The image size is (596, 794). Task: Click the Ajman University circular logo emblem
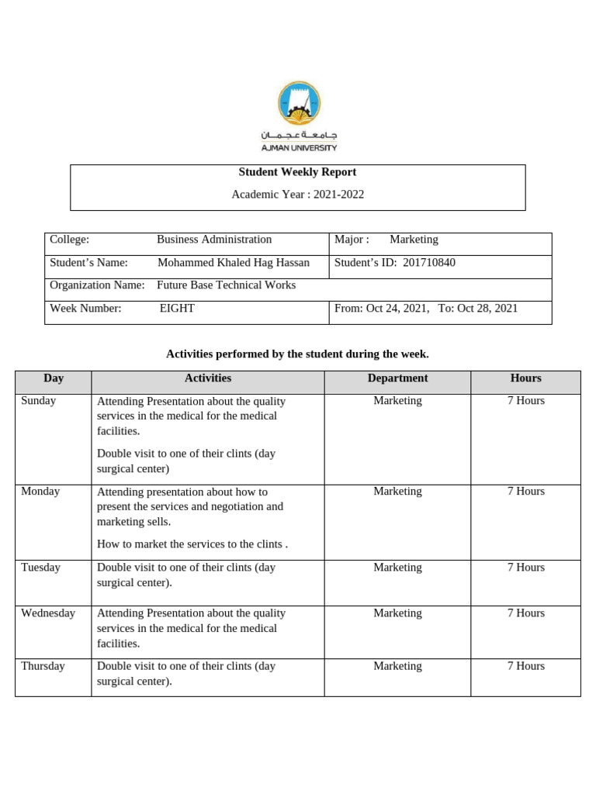coord(298,103)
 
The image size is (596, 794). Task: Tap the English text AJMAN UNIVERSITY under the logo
coord(298,147)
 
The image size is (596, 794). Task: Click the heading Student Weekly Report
coord(297,172)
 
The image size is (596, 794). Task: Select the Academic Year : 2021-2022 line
coord(297,195)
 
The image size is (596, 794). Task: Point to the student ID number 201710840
coord(429,263)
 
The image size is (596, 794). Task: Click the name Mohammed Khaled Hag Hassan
coord(233,263)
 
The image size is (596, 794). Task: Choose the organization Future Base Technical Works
coord(226,285)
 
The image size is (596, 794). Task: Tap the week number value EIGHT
coord(177,309)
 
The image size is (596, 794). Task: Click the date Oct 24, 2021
coord(397,309)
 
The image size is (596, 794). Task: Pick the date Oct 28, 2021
coord(487,309)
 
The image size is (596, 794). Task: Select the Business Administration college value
coord(214,240)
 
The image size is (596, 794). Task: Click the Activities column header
coord(207,378)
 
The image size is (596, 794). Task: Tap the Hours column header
coord(525,378)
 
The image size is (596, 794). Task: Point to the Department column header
coord(397,378)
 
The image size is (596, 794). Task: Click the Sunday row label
coord(38,401)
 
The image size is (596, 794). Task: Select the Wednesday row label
coord(48,613)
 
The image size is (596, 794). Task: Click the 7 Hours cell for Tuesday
coord(525,568)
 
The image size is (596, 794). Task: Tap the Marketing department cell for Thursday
coord(397,666)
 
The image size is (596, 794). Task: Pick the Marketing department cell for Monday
coord(397,492)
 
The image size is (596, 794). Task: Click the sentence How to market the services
coord(192,545)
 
